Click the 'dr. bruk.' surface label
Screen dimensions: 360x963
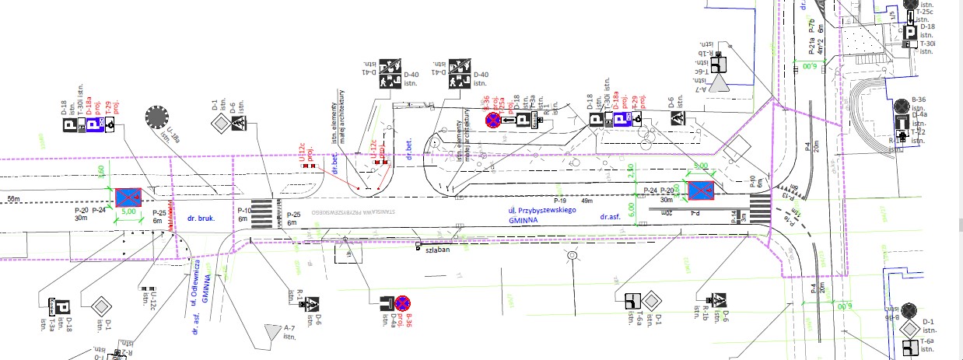coord(197,219)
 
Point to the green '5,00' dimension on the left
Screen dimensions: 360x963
coord(129,211)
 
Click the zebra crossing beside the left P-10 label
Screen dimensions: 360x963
coord(264,209)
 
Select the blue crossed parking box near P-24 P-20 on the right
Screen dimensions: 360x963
coord(702,188)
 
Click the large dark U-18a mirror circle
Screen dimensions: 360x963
coord(156,117)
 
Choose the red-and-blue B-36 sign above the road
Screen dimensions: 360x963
coord(493,120)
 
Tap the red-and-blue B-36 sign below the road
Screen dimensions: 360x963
coord(402,302)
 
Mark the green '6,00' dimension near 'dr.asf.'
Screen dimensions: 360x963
coord(632,209)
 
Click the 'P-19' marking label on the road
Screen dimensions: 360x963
coord(559,200)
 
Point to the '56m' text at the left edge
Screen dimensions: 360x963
coord(12,200)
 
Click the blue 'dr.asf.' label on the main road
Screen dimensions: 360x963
coord(611,217)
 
